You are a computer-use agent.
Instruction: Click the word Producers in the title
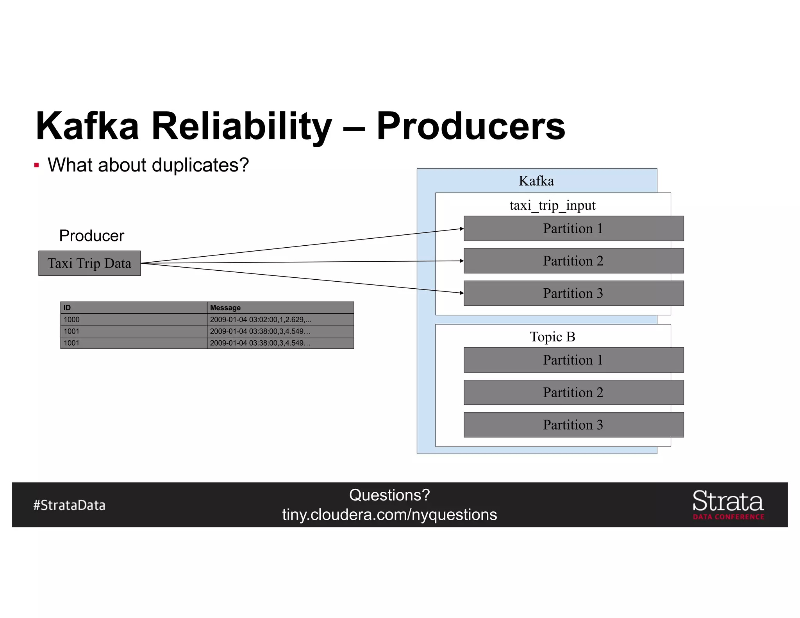tap(470, 126)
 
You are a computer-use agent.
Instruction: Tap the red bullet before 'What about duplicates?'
tap(37, 165)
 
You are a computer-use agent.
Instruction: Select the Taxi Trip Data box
tap(89, 263)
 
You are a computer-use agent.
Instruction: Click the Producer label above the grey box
tap(91, 236)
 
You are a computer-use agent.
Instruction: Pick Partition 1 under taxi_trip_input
tap(573, 229)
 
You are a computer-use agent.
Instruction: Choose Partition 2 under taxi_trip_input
tap(573, 261)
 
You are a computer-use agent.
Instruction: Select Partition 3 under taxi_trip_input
tap(573, 293)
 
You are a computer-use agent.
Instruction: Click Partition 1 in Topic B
tap(573, 360)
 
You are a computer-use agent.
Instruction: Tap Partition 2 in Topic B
tap(573, 393)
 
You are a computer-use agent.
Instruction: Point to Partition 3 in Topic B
tap(573, 425)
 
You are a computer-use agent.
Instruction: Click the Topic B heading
tap(552, 337)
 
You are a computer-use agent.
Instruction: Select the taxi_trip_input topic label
tap(552, 205)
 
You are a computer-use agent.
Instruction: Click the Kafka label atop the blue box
tap(536, 181)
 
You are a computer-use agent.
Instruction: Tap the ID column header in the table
tap(67, 308)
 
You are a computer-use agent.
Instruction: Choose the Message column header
tap(225, 308)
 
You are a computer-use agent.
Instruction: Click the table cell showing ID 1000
tap(72, 320)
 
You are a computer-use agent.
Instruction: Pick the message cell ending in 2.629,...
tap(261, 320)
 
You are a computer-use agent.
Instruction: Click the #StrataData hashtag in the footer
tap(70, 505)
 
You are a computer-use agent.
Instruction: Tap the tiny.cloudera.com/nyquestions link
tap(389, 515)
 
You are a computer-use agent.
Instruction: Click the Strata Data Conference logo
tap(728, 505)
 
